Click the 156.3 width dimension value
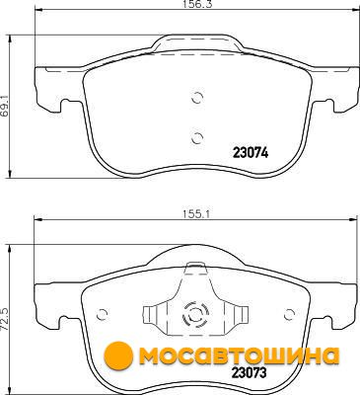(x=195, y=5)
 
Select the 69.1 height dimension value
(x=5, y=106)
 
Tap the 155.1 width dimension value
(x=196, y=214)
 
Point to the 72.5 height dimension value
(x=5, y=317)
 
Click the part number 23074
(x=251, y=153)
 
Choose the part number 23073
(x=249, y=373)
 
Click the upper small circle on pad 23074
(x=197, y=97)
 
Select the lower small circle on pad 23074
(x=197, y=138)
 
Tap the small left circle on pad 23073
(x=103, y=314)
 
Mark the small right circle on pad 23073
(x=289, y=314)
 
